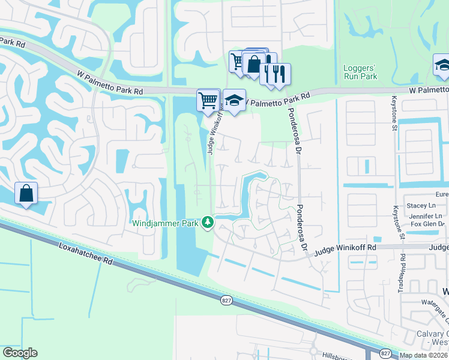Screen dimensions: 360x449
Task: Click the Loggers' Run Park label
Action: pyautogui.click(x=360, y=72)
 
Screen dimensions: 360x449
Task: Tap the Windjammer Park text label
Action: pyautogui.click(x=166, y=223)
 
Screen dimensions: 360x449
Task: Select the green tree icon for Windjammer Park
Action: pyautogui.click(x=208, y=223)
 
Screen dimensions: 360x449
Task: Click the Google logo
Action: pyautogui.click(x=20, y=353)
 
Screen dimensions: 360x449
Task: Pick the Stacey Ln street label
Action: pyautogui.click(x=420, y=205)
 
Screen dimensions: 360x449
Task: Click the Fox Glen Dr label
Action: pyautogui.click(x=427, y=224)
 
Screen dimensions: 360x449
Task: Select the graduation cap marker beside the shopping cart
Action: pyautogui.click(x=235, y=100)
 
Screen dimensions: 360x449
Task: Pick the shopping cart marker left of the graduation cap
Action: pyautogui.click(x=208, y=99)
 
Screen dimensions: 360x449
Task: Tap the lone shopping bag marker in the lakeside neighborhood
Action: pyautogui.click(x=26, y=193)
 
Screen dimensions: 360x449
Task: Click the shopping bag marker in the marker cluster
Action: pyautogui.click(x=254, y=64)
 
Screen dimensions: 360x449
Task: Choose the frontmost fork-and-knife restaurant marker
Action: pyautogui.click(x=280, y=74)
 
